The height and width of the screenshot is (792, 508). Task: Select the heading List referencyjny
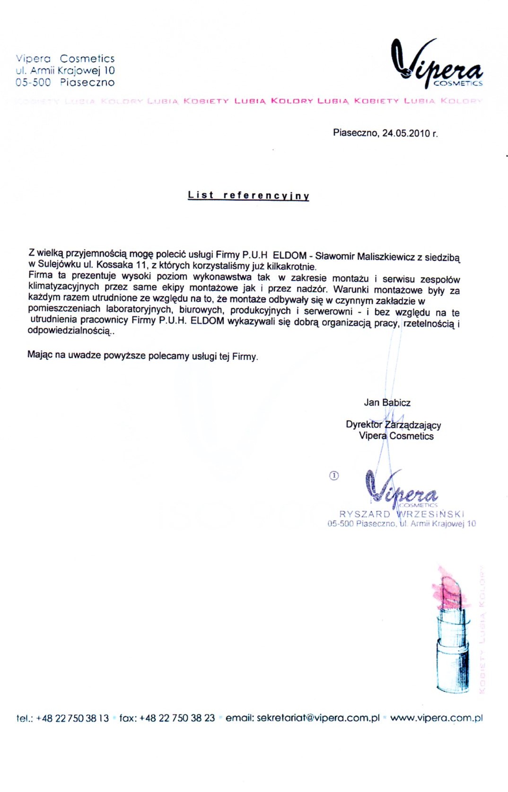(x=248, y=195)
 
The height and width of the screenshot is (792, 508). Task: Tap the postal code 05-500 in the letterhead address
(x=33, y=82)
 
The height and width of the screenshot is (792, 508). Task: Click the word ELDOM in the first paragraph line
(x=289, y=255)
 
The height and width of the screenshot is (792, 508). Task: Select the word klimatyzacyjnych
(x=63, y=287)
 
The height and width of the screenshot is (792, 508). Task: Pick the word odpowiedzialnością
(x=69, y=331)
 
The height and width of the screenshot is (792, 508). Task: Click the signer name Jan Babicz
(x=387, y=403)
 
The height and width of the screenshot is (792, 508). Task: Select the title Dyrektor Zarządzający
(x=393, y=424)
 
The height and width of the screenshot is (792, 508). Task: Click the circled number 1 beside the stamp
(x=333, y=476)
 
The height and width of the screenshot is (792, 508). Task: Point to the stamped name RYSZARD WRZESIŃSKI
(x=402, y=514)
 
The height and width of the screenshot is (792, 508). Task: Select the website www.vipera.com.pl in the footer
(x=436, y=718)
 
